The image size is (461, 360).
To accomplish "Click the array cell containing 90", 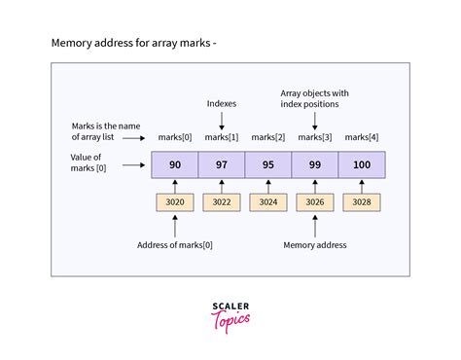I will (174, 164).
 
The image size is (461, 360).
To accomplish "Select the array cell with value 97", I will (221, 164).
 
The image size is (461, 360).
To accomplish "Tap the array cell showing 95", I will (267, 164).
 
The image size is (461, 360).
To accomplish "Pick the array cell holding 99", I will (314, 164).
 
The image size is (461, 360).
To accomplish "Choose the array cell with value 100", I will (362, 164).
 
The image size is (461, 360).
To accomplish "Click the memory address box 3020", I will (174, 203).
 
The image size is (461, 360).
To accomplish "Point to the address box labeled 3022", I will (221, 203).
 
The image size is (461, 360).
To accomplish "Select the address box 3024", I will (267, 203).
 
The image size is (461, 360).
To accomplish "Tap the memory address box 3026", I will (314, 203).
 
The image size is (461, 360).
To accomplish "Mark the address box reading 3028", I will (362, 203).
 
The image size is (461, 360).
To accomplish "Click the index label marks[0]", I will (174, 136).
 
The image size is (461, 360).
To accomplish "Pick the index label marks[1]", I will (221, 136).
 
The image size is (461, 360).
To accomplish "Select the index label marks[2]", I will (267, 136).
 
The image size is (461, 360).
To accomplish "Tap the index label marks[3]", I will (314, 136).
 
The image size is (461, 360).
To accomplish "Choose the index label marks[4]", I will (362, 136).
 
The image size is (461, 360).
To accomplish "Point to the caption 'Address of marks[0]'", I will (175, 245).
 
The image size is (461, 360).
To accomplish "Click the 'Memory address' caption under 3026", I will (315, 245).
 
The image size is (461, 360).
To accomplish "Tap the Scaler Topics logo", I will (230, 315).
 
